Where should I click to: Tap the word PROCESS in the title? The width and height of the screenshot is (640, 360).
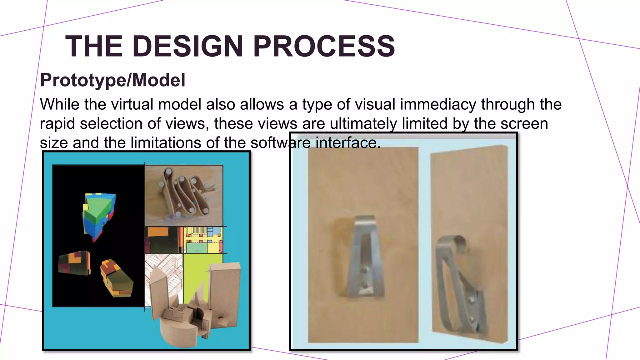(324, 46)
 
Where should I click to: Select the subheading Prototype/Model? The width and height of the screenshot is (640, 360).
(113, 80)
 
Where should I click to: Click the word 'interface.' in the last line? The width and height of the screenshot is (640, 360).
(348, 143)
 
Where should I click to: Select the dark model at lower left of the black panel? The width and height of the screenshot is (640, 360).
(74, 263)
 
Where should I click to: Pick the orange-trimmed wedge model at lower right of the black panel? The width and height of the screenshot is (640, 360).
(116, 278)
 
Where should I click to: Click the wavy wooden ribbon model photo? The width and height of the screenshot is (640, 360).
(184, 195)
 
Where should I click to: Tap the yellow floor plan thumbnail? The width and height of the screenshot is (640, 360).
(203, 240)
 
